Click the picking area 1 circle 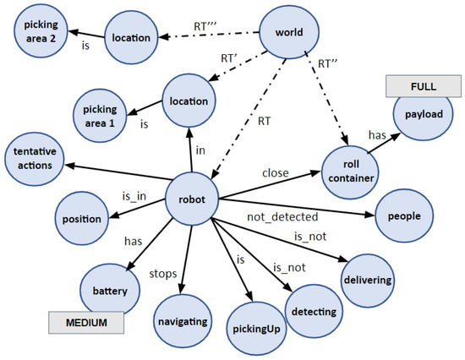point(101,114)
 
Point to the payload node point(423,112)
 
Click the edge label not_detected point(276,217)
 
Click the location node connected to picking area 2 point(131,37)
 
